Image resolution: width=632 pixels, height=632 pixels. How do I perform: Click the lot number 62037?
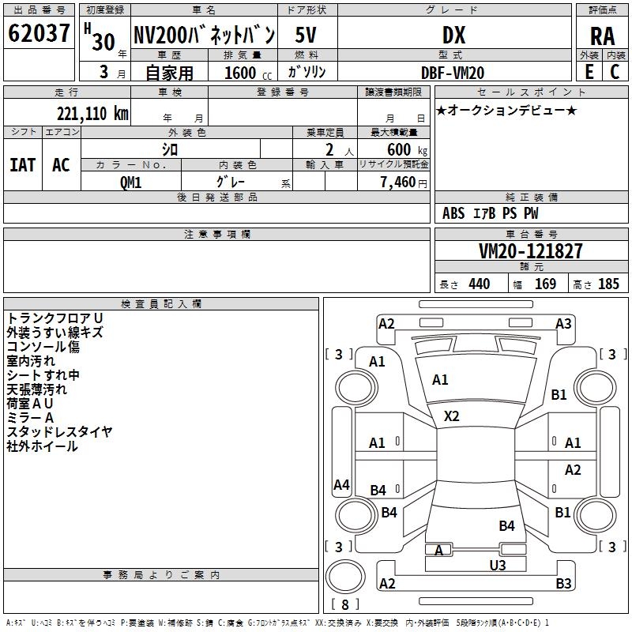[39, 33]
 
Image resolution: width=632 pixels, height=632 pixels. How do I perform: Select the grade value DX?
[453, 35]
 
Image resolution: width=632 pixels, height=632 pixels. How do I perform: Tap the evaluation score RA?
[603, 36]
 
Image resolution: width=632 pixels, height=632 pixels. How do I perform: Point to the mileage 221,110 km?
[92, 114]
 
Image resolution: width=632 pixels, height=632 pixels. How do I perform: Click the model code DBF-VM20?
[453, 73]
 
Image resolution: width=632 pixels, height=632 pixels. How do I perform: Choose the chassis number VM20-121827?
[531, 251]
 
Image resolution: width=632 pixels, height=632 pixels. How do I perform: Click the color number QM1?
[130, 182]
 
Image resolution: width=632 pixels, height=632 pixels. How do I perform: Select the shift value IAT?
[23, 165]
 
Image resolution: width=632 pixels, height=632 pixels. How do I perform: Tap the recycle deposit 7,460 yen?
[404, 182]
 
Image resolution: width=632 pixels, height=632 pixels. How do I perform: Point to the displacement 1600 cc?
[248, 73]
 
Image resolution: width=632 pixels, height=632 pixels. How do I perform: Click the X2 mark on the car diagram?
[451, 416]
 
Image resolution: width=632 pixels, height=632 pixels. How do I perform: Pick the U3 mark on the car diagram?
[498, 565]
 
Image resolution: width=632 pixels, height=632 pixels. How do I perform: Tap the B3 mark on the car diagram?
[563, 583]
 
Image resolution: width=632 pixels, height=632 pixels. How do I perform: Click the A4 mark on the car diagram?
[341, 484]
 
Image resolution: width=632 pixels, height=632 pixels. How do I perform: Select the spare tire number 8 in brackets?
[345, 604]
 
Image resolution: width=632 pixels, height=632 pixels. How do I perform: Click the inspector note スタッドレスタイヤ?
[59, 431]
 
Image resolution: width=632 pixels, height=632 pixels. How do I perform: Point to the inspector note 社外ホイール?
[42, 446]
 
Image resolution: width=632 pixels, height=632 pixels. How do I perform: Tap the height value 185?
[608, 284]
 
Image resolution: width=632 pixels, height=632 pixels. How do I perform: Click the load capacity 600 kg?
[407, 149]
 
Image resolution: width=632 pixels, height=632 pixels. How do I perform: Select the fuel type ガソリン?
[307, 72]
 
